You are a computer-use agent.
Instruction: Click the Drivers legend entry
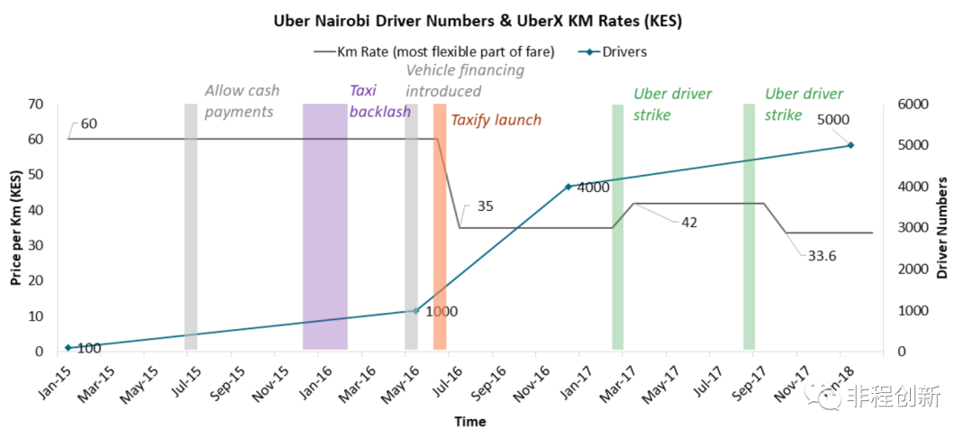pos(622,51)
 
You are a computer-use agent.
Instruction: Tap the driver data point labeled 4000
pos(568,187)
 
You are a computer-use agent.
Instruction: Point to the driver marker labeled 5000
pos(850,145)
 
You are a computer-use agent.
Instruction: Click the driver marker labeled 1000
pos(415,311)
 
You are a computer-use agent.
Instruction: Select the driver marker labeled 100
pos(68,347)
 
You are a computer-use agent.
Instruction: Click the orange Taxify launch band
pos(440,225)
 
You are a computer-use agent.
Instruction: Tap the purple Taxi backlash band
pos(324,225)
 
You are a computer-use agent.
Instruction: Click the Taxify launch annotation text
pos(496,120)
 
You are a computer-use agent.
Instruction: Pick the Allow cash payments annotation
pos(241,101)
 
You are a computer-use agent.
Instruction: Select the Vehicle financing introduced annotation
pos(464,80)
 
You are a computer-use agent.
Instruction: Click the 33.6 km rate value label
pos(821,256)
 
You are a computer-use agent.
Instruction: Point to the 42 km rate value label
pos(689,223)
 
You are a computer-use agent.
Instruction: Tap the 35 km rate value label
pos(485,206)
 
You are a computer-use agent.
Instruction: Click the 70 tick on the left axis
pos(35,105)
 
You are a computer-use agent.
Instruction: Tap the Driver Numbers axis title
pos(942,227)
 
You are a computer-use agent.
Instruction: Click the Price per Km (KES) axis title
pos(15,227)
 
